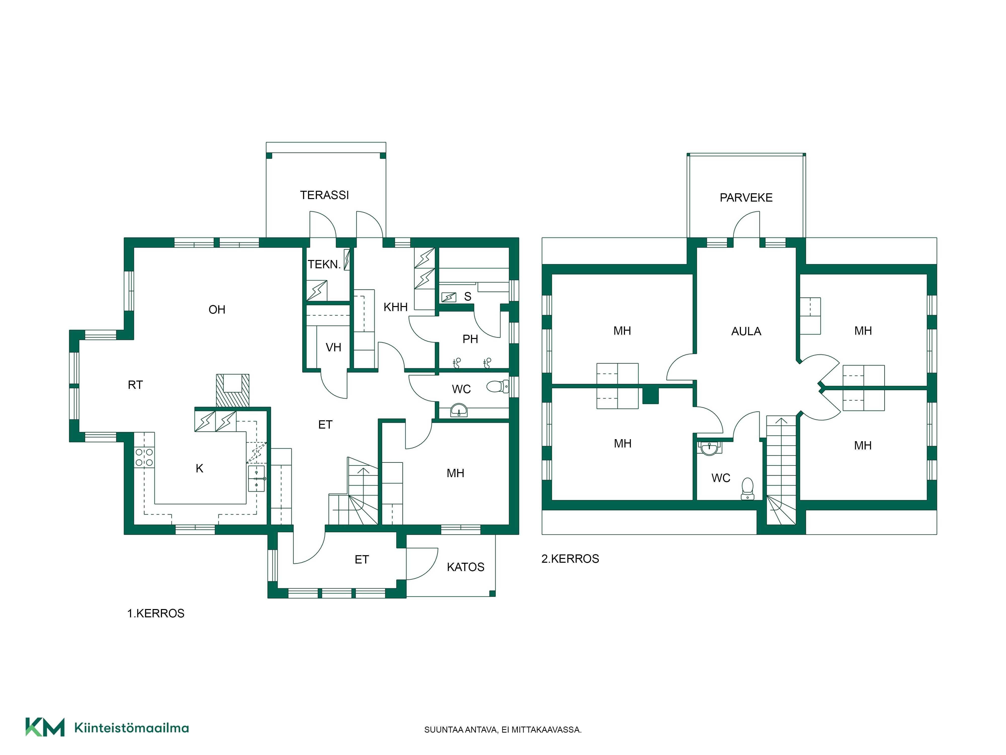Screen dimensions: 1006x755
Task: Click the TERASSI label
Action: point(324,195)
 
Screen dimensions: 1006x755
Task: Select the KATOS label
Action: point(465,567)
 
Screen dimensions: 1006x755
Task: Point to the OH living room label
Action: point(217,310)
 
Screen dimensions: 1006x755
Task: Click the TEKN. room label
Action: point(324,265)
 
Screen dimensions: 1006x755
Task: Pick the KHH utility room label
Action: point(395,307)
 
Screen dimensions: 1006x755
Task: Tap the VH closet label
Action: point(333,348)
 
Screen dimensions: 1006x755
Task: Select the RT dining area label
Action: point(135,385)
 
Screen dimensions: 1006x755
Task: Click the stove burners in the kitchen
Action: point(144,457)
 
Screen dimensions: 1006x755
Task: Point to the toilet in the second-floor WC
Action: point(747,488)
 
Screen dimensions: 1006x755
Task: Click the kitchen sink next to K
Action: point(257,478)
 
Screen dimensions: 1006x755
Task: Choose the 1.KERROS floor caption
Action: point(155,614)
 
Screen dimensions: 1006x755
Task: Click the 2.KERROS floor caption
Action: point(570,559)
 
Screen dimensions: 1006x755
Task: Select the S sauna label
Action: point(468,297)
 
